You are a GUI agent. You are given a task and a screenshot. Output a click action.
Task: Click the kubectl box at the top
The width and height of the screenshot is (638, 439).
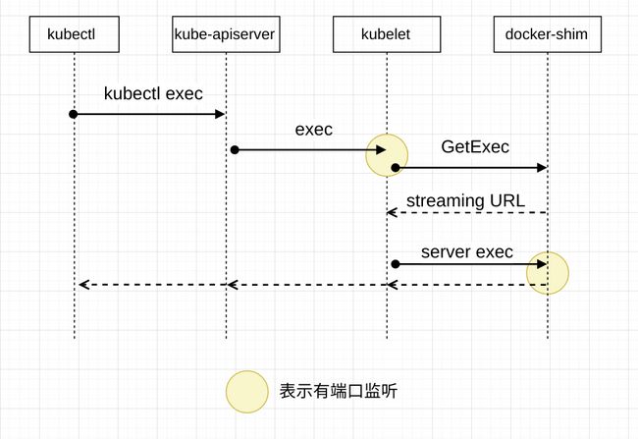point(74,34)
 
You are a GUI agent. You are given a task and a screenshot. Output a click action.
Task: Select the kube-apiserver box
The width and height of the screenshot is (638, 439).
point(226,34)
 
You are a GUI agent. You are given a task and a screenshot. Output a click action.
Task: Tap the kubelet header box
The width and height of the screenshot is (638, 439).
point(387,34)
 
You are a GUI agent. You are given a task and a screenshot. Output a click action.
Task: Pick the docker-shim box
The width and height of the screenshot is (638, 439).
point(548,34)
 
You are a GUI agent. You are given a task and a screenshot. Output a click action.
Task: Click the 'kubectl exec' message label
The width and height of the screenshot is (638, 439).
point(153,93)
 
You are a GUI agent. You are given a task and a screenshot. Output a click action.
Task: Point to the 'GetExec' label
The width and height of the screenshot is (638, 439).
point(475,146)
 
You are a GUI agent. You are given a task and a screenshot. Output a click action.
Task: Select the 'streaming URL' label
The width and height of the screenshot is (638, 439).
point(465,200)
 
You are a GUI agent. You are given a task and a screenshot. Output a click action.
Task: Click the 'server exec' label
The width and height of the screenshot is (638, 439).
point(466,252)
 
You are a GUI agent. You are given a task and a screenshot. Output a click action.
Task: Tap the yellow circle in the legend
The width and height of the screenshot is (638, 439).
point(247,392)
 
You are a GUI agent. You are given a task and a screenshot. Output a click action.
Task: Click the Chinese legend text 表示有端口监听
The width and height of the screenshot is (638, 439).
point(338,391)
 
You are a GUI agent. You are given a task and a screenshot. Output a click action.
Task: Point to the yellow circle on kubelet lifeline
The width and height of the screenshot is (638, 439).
point(387,155)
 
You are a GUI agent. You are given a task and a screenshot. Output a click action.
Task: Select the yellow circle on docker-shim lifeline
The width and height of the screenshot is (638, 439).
point(548,273)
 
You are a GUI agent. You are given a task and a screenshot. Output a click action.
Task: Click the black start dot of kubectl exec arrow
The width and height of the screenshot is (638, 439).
point(74,114)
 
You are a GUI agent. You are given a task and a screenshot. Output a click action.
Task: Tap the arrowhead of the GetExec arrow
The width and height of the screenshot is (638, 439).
point(542,167)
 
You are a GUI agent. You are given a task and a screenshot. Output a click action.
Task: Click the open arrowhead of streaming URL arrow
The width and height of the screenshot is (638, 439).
point(392,212)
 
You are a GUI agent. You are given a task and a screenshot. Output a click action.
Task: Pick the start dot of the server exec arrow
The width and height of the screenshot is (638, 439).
point(396,264)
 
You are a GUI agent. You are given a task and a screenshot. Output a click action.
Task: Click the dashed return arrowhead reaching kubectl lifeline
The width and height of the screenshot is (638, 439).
point(83,284)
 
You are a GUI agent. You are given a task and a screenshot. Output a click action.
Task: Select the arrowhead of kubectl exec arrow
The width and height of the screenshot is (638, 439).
point(220,114)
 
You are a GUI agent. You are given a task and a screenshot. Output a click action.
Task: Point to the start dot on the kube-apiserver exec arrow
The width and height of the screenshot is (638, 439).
point(235,150)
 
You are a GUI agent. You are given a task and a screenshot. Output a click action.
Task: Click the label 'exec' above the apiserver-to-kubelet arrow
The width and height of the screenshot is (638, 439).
point(314,130)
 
